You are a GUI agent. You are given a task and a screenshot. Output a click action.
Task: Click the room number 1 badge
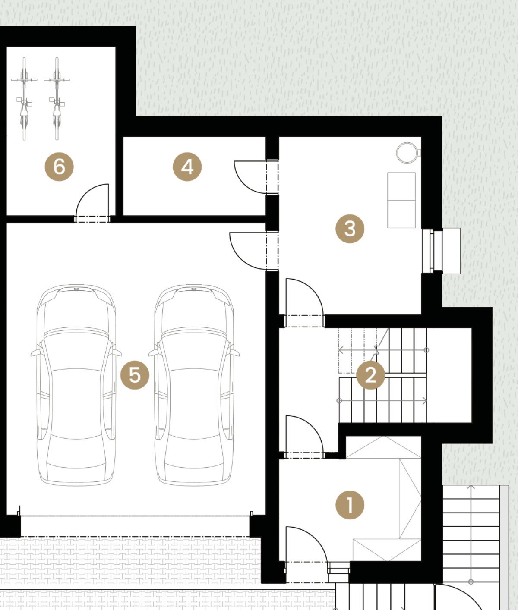coord(350,505)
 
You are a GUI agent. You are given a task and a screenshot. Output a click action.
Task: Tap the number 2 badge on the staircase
coord(371,375)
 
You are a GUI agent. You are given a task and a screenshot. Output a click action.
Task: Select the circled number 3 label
coord(350,229)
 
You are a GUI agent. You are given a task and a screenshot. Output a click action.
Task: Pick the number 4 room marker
coord(187,167)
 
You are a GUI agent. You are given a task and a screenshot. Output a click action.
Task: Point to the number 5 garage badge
coord(135,375)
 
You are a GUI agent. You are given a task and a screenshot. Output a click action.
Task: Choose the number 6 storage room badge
coord(59,167)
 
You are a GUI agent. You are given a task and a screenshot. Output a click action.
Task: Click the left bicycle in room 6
coord(24,98)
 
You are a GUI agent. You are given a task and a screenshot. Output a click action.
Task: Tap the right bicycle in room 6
coord(57,98)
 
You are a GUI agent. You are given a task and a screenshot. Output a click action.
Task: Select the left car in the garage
coord(76,385)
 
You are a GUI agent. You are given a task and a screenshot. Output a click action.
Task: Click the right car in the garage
coord(194,385)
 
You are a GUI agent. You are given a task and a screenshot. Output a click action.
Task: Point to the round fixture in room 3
coord(407,152)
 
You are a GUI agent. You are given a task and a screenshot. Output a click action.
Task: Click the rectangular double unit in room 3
coord(401,200)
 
